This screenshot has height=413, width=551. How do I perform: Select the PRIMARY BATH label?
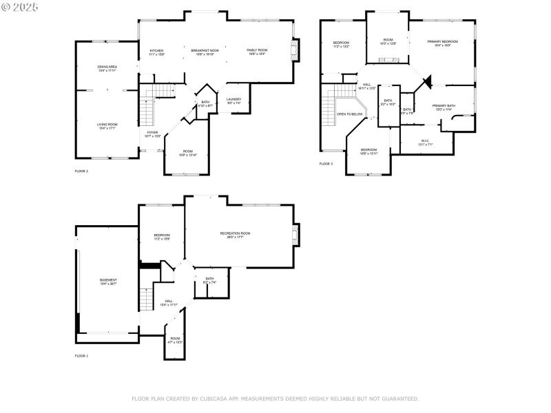[x=444, y=107]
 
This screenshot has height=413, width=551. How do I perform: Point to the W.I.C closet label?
[x=425, y=142]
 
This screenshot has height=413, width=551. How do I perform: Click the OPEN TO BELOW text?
[x=350, y=114]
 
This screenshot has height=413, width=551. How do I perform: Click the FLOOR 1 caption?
[x=82, y=356]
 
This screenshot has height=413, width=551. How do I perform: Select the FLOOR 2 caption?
[x=82, y=170]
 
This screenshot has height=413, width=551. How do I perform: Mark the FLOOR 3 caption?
[x=326, y=164]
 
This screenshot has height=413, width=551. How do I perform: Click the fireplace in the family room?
[x=295, y=50]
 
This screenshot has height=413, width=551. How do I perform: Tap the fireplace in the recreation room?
[x=296, y=235]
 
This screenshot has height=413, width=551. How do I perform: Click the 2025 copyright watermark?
[x=20, y=6]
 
